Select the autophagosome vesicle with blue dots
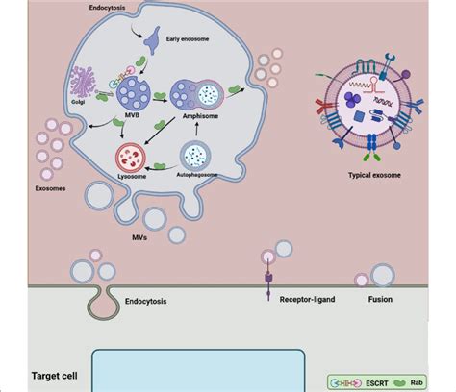197,156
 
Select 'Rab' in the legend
440,381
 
